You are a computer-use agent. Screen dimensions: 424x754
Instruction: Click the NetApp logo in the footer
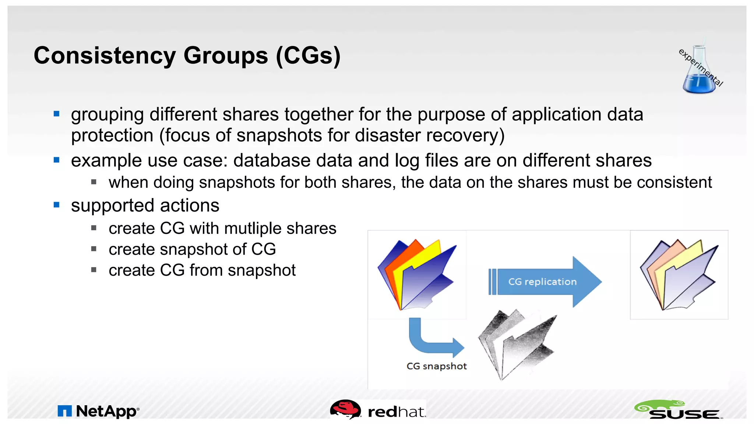tap(98, 411)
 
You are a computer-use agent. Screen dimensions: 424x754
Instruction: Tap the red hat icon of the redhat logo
tap(345, 409)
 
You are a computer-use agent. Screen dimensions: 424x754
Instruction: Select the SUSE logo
tap(678, 410)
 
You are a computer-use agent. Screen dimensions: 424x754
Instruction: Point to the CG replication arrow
tap(545, 282)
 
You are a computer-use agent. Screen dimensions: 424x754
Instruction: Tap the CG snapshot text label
tap(436, 366)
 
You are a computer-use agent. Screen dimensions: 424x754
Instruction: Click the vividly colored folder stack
tap(416, 274)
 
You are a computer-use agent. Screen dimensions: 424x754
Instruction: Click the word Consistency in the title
tap(105, 56)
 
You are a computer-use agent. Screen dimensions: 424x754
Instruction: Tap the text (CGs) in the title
tap(308, 56)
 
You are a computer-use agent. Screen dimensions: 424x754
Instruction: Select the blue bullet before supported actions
tap(56, 205)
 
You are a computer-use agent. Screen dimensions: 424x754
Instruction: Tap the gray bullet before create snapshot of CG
tap(94, 249)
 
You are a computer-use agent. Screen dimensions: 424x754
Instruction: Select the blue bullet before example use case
tap(56, 160)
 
